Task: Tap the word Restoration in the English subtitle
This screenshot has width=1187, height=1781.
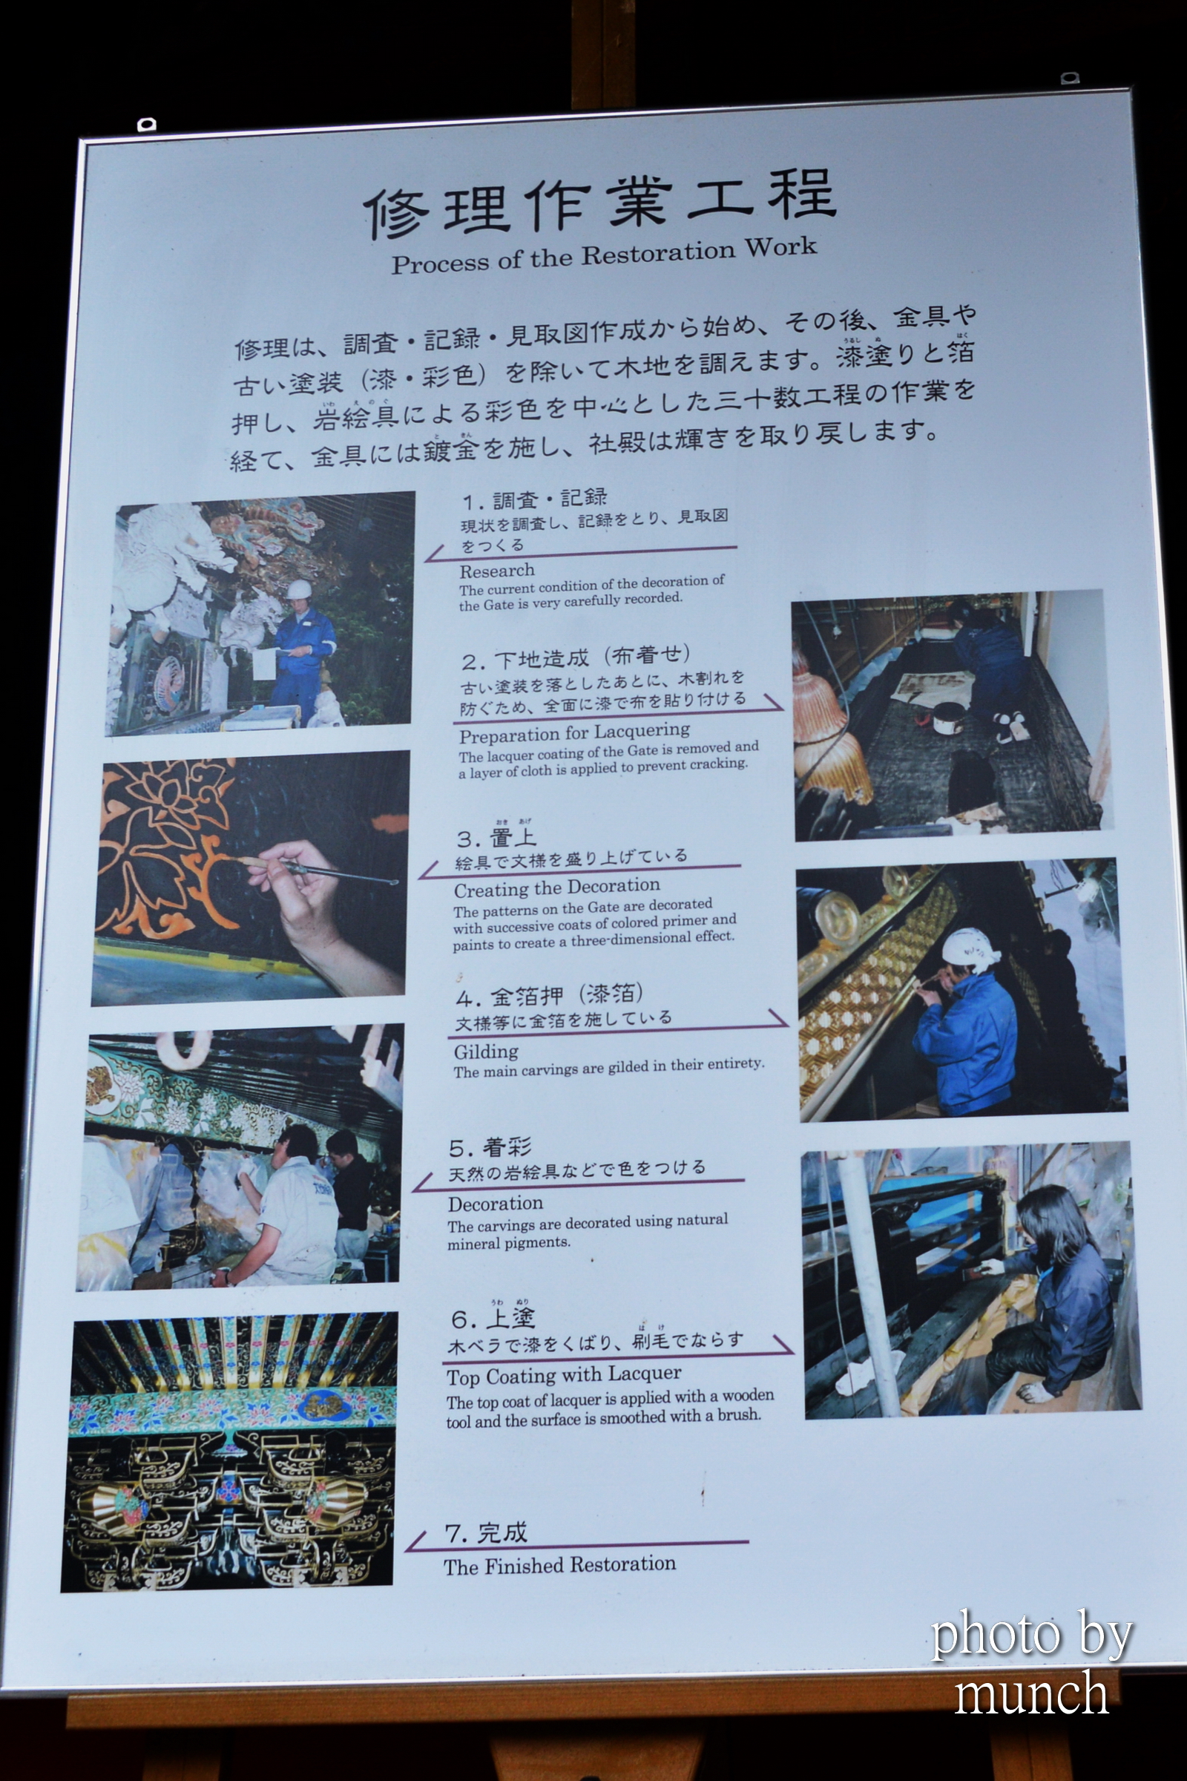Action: click(x=659, y=254)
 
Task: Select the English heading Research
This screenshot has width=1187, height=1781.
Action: click(x=496, y=571)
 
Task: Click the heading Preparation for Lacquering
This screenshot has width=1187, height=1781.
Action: click(x=574, y=733)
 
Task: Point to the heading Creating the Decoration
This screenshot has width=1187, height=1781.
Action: click(x=557, y=887)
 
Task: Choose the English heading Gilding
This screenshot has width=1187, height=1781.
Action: click(x=486, y=1052)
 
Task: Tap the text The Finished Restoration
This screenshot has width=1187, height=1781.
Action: click(x=559, y=1565)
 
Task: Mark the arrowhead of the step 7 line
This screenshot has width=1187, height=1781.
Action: click(x=411, y=1545)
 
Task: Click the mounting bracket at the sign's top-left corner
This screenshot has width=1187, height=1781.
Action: click(x=146, y=123)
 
